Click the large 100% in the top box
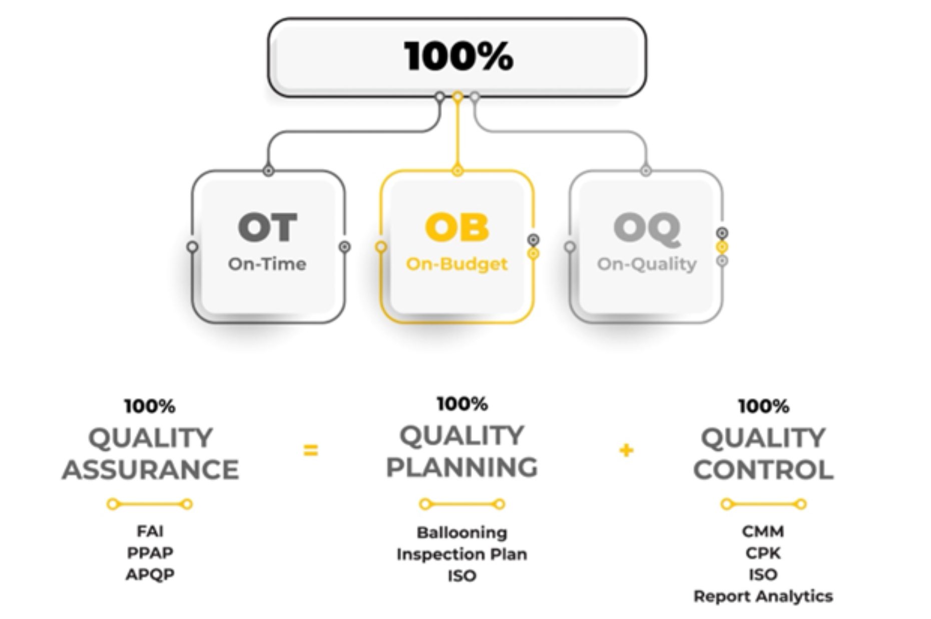coord(458,56)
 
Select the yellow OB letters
coord(456,227)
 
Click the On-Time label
coord(267,264)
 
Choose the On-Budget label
coord(456,264)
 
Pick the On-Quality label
coord(647,264)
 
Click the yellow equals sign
coord(310,451)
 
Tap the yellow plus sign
coord(626,451)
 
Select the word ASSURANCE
coord(150,469)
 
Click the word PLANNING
coord(462,467)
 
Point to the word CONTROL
coord(763,469)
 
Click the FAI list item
coord(150,531)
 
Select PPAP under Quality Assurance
coord(150,553)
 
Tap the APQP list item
coord(150,574)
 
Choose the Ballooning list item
coord(462,533)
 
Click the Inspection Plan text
coord(462,554)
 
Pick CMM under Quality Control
coord(763,531)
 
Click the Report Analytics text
coord(763,596)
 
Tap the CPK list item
coord(763,553)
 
